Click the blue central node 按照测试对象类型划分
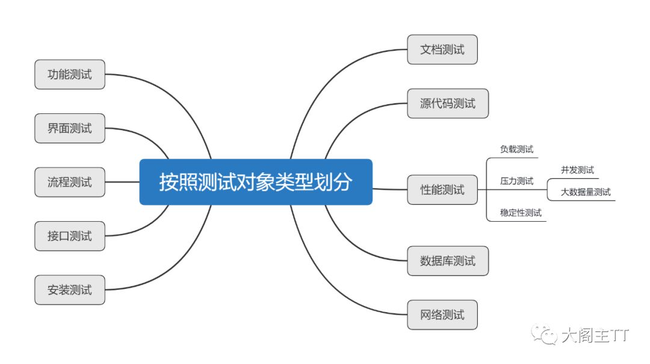[x=256, y=182]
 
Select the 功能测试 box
[x=70, y=75]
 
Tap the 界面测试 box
[x=70, y=128]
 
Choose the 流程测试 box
[x=70, y=182]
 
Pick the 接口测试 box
[x=70, y=236]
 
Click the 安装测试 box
[x=70, y=290]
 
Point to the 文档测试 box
[x=442, y=49]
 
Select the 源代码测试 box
[x=448, y=104]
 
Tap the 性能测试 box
[x=442, y=190]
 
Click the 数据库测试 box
[x=448, y=261]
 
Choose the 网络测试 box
[x=442, y=315]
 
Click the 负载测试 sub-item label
[x=516, y=149]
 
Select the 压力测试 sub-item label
[x=516, y=181]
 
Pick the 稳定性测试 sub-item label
[x=521, y=213]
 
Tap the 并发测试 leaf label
[x=577, y=170]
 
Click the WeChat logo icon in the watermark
[x=548, y=335]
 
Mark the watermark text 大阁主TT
[x=595, y=335]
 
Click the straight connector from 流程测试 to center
[x=122, y=182]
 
